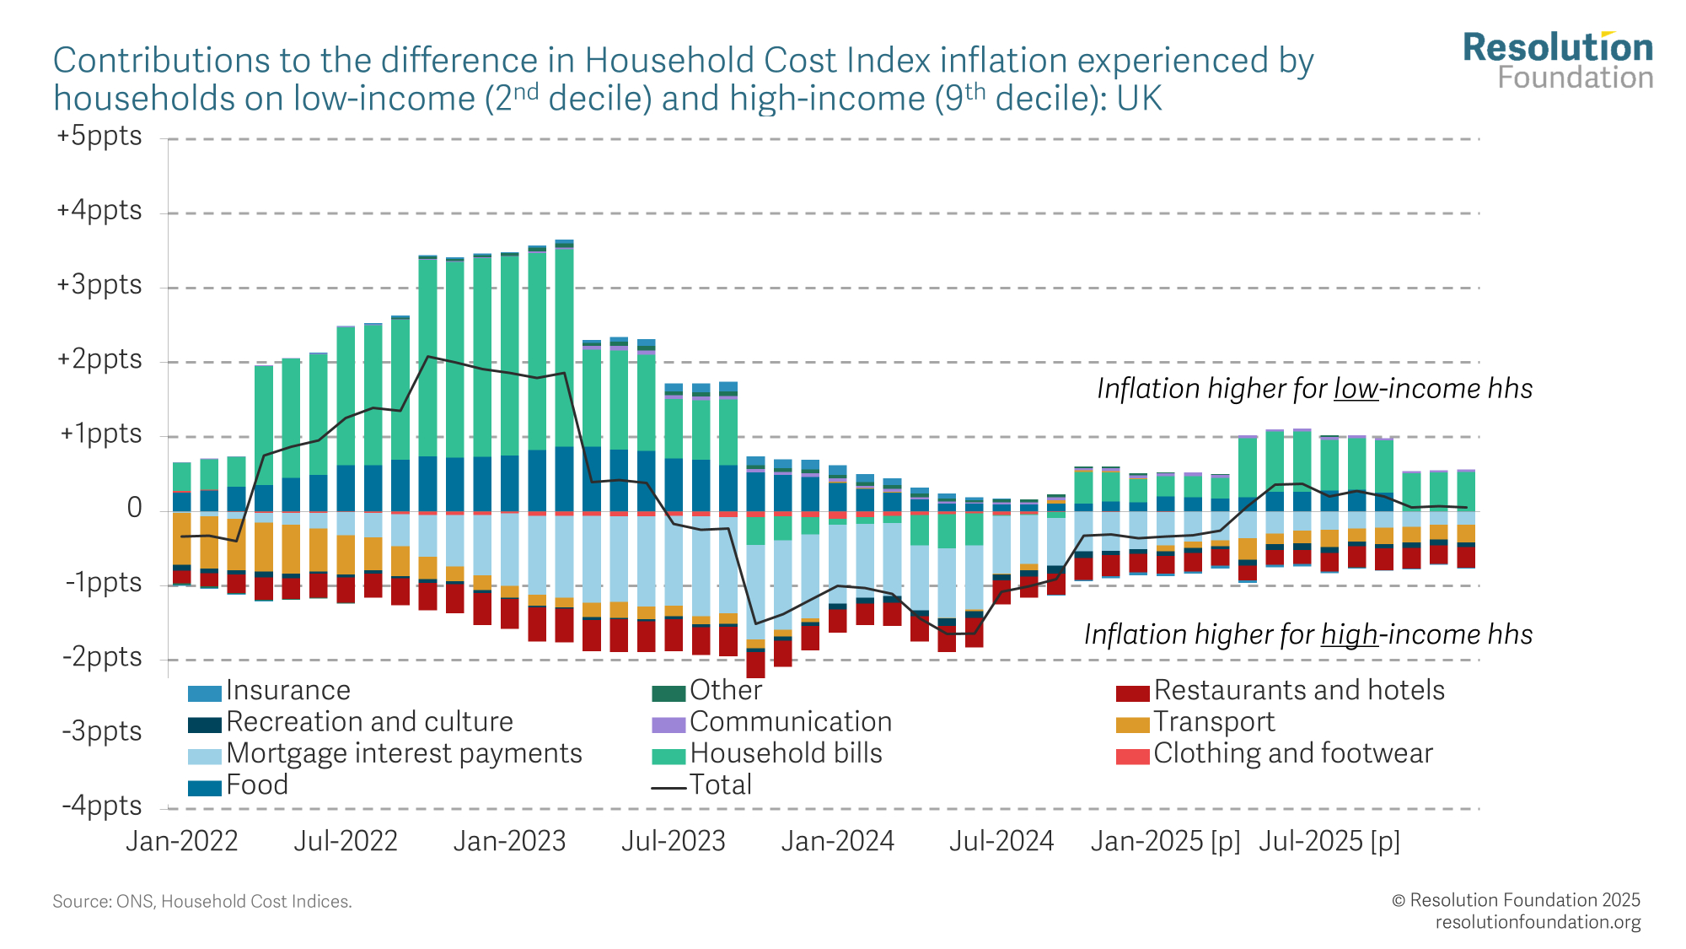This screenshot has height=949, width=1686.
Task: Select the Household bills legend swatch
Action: tap(668, 755)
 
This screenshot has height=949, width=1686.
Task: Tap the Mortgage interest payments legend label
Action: tap(404, 753)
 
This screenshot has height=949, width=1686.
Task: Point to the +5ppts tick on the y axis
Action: tap(99, 137)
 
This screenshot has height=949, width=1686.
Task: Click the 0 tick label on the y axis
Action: tap(134, 508)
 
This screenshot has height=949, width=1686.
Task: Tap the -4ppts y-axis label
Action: tap(102, 806)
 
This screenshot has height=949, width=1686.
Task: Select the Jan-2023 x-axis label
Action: tap(509, 842)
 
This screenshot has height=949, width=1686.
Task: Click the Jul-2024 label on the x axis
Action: tap(1001, 842)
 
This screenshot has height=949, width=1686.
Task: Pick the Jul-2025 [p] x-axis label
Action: tap(1329, 842)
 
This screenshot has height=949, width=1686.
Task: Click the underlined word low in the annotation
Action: tap(1356, 389)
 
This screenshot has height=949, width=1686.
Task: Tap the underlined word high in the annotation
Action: tap(1349, 635)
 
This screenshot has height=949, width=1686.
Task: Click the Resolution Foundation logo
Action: tap(1558, 61)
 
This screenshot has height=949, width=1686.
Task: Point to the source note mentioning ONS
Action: tap(202, 902)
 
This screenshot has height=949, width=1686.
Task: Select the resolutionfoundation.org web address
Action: tap(1538, 922)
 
